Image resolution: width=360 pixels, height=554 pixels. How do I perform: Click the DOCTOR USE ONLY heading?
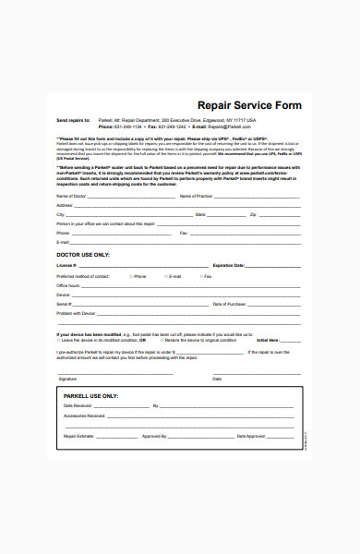[x=83, y=254]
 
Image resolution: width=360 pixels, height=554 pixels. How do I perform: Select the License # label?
[x=66, y=265]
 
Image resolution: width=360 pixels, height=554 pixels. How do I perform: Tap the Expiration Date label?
[x=228, y=265]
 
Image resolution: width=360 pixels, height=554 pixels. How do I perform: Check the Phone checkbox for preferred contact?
[x=129, y=276]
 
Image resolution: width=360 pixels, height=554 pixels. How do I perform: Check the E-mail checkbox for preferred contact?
[x=164, y=276]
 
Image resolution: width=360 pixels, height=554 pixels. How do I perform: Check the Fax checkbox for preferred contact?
[x=199, y=276]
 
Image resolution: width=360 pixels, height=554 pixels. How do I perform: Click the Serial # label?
[x=64, y=304]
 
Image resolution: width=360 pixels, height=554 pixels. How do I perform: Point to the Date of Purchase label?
[x=230, y=304]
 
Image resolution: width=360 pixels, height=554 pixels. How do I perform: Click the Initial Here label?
[x=269, y=340]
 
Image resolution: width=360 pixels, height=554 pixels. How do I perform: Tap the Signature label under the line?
[x=67, y=379]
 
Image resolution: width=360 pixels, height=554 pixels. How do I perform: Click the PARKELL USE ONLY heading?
[x=91, y=395]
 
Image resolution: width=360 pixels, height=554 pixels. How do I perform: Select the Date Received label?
[x=78, y=406]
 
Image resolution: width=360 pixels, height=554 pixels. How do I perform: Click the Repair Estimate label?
[x=79, y=436]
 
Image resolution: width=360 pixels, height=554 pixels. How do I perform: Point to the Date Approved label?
[x=250, y=436]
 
